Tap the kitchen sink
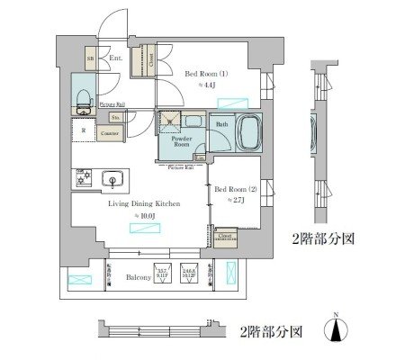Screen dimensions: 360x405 (113, 177)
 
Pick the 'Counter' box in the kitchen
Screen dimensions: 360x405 (98, 132)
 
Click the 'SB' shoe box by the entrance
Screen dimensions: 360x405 (90, 58)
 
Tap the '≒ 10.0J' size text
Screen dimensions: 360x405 (147, 216)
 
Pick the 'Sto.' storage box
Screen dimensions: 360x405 (115, 116)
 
